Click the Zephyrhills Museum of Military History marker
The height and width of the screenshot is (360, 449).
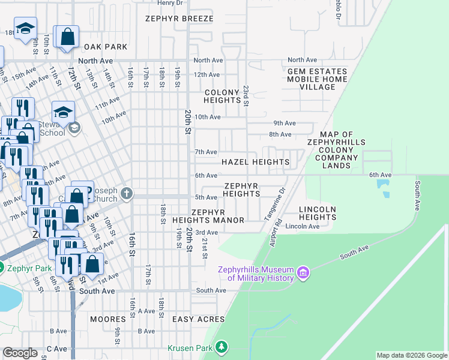[x=303, y=274]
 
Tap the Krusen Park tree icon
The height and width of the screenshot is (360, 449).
[x=222, y=347]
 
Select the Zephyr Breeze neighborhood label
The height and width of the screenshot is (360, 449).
[x=179, y=19]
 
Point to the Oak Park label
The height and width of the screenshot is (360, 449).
[x=106, y=46]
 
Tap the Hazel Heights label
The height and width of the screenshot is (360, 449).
[x=255, y=162]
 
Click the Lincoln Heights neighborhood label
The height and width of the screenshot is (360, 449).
[x=317, y=212]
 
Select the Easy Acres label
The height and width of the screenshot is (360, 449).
[x=198, y=319]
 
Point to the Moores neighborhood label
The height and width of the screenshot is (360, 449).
[x=107, y=319]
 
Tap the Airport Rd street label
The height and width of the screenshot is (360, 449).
[x=276, y=231]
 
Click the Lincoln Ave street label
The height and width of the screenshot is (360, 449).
[x=303, y=226]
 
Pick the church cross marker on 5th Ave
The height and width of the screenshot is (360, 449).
[x=126, y=193]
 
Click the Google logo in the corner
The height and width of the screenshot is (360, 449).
[x=20, y=353]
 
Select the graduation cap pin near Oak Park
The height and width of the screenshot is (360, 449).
[x=26, y=28]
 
